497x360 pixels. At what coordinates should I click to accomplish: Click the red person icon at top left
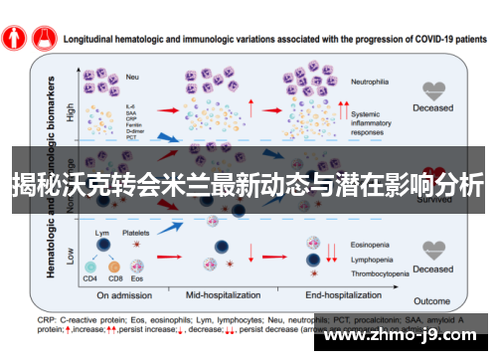pyautogui.click(x=13, y=37)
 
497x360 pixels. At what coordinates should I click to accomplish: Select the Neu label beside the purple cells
pyautogui.click(x=130, y=76)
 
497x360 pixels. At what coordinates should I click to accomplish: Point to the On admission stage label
pyautogui.click(x=125, y=295)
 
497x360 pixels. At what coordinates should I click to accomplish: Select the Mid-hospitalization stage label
pyautogui.click(x=231, y=295)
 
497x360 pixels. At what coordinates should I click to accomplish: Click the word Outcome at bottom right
pyautogui.click(x=432, y=300)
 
